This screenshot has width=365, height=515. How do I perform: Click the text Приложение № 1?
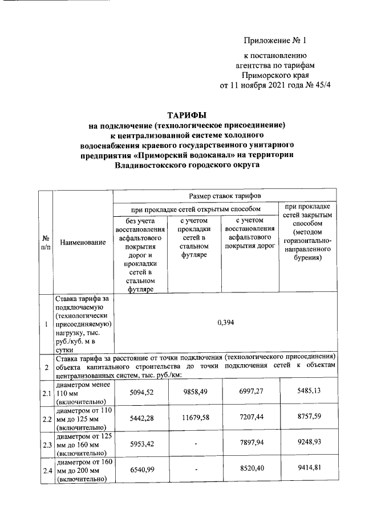[x=275, y=41]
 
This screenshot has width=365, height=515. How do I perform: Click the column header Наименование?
[x=83, y=243]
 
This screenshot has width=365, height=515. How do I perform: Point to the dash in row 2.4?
[x=196, y=471]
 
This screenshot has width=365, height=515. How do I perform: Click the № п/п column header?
[x=45, y=243]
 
